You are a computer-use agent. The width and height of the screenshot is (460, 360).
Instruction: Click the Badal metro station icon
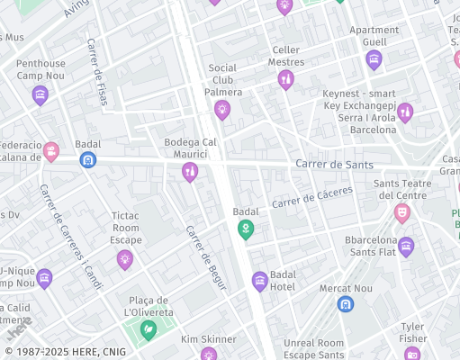point(88,159)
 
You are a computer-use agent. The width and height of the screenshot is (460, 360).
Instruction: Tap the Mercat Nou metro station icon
point(345,304)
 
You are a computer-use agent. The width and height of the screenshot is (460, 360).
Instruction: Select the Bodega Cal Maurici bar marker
point(189,172)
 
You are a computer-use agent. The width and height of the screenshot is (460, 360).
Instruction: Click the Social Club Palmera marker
point(222,110)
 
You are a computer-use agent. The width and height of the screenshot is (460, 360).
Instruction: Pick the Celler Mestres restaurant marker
point(285,80)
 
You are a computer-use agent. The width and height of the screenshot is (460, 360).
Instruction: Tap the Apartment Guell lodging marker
point(374,60)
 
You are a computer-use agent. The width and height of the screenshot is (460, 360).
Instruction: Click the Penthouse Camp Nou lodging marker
point(40,94)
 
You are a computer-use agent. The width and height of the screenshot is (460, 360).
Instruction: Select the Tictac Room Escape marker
point(124,259)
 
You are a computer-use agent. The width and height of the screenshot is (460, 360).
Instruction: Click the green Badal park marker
point(245,230)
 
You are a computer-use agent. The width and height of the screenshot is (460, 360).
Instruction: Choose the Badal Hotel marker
point(260,282)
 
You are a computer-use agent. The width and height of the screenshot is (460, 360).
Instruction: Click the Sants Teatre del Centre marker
point(401,213)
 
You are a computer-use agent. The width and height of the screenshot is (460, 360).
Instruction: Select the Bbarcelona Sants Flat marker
point(406,247)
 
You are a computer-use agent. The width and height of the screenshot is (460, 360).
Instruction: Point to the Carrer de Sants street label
point(333,164)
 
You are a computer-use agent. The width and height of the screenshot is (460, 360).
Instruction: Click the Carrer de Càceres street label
point(312,196)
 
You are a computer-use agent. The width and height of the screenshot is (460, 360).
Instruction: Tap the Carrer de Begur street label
point(205,256)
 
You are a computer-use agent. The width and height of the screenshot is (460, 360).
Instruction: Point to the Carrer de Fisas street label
point(96,71)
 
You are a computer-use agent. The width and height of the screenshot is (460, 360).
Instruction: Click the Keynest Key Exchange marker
point(405,112)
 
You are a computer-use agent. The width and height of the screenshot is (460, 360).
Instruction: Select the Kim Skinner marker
point(208,354)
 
